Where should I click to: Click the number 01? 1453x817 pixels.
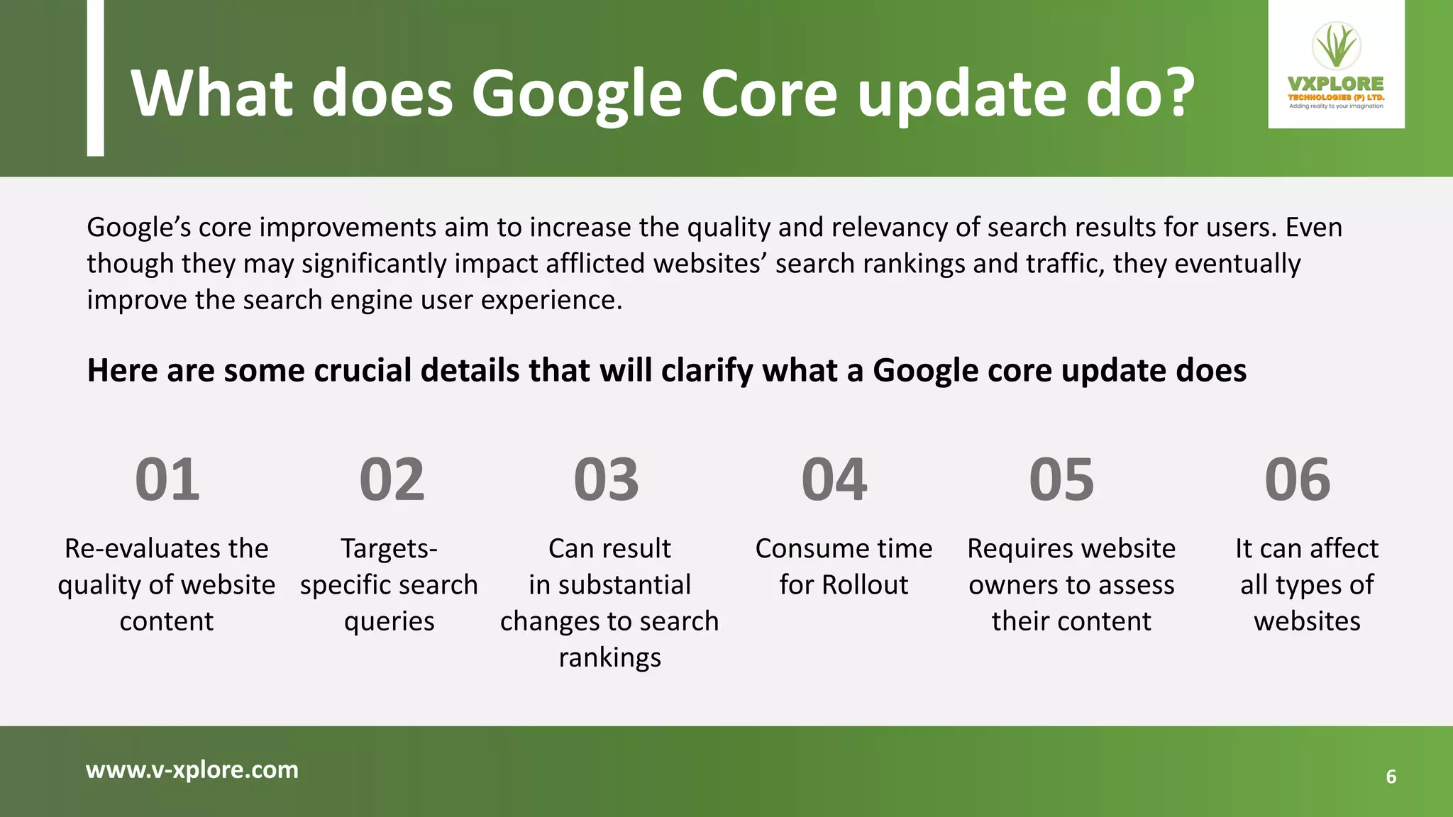167,480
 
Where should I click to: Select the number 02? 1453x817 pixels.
392,480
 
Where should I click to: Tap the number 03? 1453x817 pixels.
606,480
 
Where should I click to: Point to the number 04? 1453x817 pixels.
834,480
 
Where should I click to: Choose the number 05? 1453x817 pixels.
1061,480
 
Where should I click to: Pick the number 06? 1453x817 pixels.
1297,480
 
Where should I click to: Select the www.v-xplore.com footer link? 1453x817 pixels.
192,769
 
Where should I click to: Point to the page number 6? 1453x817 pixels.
1391,777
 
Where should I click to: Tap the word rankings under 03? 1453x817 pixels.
609,658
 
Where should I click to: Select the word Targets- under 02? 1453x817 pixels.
389,549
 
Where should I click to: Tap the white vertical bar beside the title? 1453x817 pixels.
95,78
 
